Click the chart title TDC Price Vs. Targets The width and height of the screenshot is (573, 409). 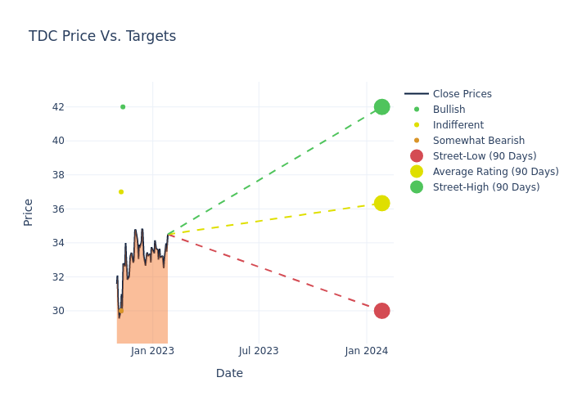pyautogui.click(x=102, y=36)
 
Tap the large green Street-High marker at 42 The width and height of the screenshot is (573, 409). pyautogui.click(x=381, y=107)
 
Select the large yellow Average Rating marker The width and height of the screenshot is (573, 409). pyautogui.click(x=381, y=203)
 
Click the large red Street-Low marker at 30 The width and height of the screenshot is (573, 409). pyautogui.click(x=381, y=311)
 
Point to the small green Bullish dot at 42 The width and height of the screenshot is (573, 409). pyautogui.click(x=123, y=107)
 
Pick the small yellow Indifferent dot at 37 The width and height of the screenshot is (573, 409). pyautogui.click(x=121, y=192)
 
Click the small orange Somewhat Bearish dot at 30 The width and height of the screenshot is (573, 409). pyautogui.click(x=121, y=311)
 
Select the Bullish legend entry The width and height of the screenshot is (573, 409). pyautogui.click(x=449, y=110)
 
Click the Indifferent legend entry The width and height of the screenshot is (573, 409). pyautogui.click(x=458, y=125)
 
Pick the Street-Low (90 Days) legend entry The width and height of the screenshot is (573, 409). pyautogui.click(x=484, y=156)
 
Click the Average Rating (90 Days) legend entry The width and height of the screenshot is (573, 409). pyautogui.click(x=495, y=172)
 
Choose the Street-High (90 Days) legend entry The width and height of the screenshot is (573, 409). pyautogui.click(x=485, y=187)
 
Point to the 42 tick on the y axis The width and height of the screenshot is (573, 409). pyautogui.click(x=57, y=107)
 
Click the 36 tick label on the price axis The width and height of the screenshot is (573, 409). pyautogui.click(x=57, y=209)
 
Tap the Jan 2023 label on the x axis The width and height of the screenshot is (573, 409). pyautogui.click(x=152, y=351)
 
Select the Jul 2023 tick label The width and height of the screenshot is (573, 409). pyautogui.click(x=259, y=351)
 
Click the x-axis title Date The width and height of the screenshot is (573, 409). pyautogui.click(x=229, y=374)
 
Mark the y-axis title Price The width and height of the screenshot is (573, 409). pyautogui.click(x=29, y=212)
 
